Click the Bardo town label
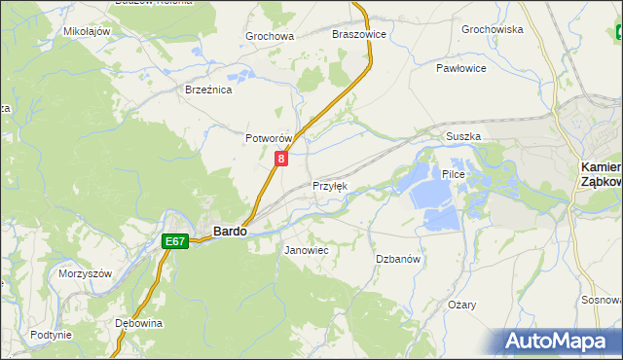tap(229, 232)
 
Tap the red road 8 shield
tap(281, 158)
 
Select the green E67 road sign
tap(175, 241)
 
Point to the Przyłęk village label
tap(329, 186)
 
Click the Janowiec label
tap(306, 250)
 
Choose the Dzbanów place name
tap(398, 259)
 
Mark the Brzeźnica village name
tap(208, 89)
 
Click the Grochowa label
tap(270, 37)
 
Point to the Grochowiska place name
tap(493, 29)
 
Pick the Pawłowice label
tap(461, 69)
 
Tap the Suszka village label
tap(463, 137)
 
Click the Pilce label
tap(455, 174)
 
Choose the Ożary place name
tap(462, 305)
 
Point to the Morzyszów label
tap(86, 273)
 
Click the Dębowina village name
tap(138, 322)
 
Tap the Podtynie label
tap(51, 335)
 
